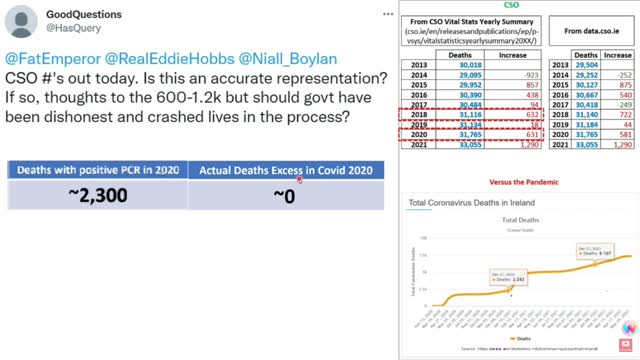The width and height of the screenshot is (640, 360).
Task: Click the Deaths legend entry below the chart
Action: pos(516,340)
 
